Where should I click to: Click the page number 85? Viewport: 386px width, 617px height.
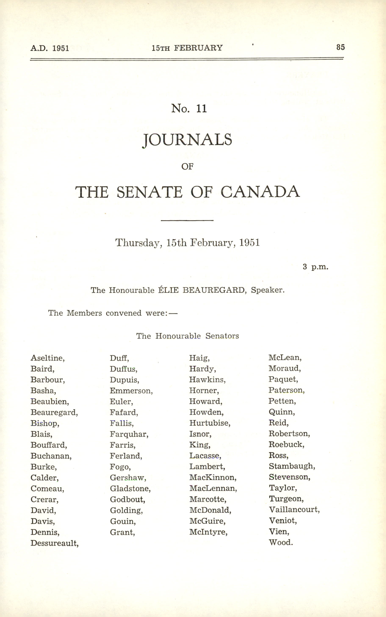pyautogui.click(x=340, y=47)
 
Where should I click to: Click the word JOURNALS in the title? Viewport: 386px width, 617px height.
pyautogui.click(x=187, y=140)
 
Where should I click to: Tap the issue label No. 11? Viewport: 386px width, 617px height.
pyautogui.click(x=189, y=108)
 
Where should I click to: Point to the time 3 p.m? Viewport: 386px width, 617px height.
pyautogui.click(x=315, y=267)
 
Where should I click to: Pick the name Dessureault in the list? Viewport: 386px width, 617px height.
pyautogui.click(x=54, y=543)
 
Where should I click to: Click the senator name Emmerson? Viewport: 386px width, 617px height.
pyautogui.click(x=131, y=391)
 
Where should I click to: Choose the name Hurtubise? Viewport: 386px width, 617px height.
pyautogui.click(x=210, y=423)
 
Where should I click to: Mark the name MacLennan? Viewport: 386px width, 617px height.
pyautogui.click(x=213, y=488)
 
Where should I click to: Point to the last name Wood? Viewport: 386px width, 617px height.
pyautogui.click(x=281, y=542)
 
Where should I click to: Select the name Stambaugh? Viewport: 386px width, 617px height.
pyautogui.click(x=292, y=466)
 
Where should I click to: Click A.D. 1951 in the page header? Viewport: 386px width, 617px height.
pyautogui.click(x=50, y=48)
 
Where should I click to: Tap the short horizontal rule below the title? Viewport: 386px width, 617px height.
pyautogui.click(x=187, y=220)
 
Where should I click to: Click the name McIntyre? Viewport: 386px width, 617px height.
pyautogui.click(x=208, y=532)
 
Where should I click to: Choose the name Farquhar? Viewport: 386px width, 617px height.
pyautogui.click(x=129, y=434)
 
